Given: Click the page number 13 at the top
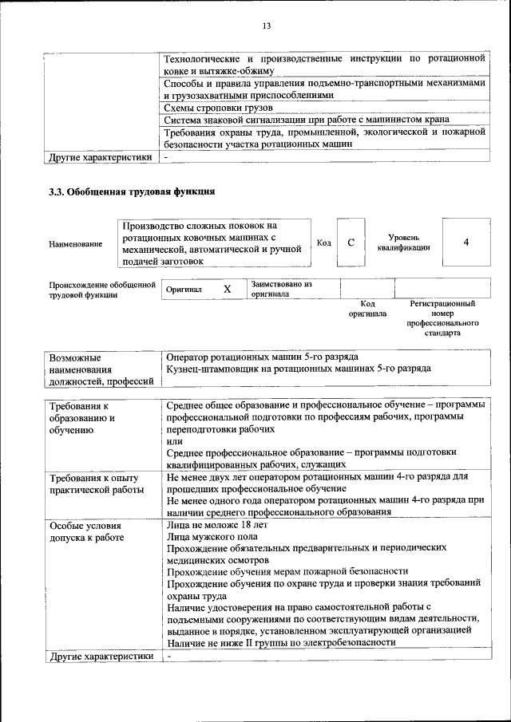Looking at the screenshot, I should pyautogui.click(x=267, y=26).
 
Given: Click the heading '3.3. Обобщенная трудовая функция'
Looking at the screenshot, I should pyautogui.click(x=132, y=192).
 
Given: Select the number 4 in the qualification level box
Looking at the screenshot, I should pyautogui.click(x=466, y=243).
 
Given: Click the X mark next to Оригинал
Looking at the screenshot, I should pyautogui.click(x=227, y=290).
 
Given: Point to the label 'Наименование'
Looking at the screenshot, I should pyautogui.click(x=75, y=243).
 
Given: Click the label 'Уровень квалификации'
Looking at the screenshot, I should pyautogui.click(x=404, y=243).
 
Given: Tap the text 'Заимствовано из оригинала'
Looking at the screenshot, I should pyautogui.click(x=280, y=289).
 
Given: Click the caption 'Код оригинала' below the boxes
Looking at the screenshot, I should pyautogui.click(x=367, y=309).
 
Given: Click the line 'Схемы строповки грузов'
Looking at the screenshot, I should pyautogui.click(x=218, y=107).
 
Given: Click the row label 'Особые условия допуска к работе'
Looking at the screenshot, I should pyautogui.click(x=86, y=531).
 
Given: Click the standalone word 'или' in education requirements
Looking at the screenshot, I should pyautogui.click(x=174, y=441).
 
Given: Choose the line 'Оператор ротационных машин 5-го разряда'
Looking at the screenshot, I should pyautogui.click(x=262, y=357).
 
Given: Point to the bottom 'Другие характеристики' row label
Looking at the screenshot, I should pyautogui.click(x=100, y=657).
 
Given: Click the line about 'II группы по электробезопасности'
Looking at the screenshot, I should pyautogui.click(x=281, y=642).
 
